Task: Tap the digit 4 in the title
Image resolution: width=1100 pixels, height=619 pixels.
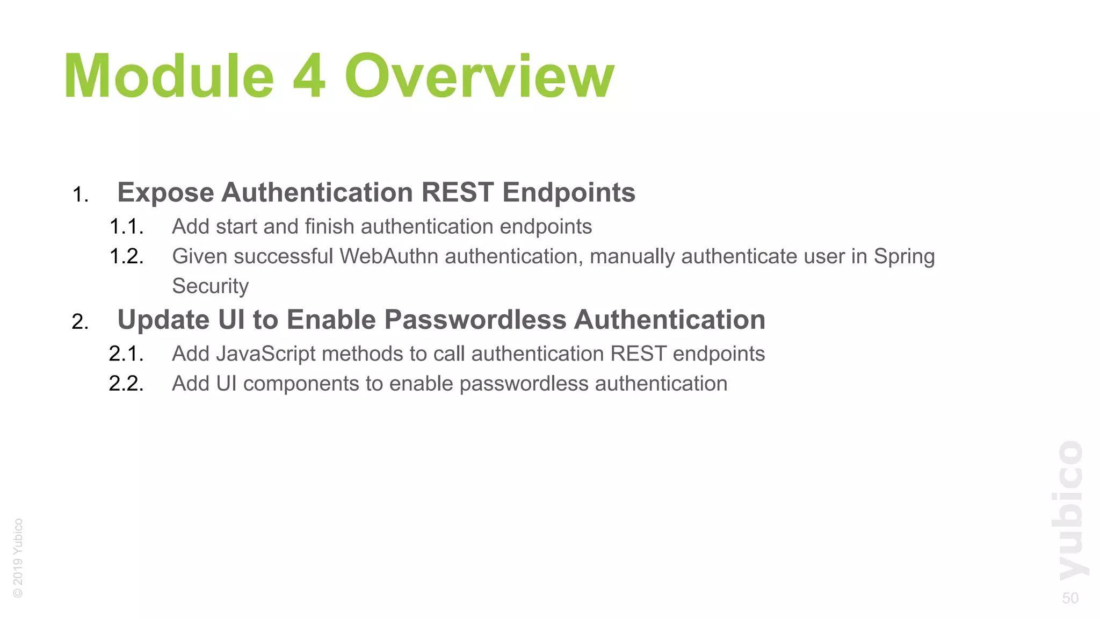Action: click(x=309, y=76)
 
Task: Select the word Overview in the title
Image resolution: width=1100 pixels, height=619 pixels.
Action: click(x=479, y=76)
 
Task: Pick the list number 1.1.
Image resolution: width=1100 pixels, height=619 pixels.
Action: click(x=126, y=227)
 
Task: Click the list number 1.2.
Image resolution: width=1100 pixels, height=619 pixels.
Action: click(x=126, y=256)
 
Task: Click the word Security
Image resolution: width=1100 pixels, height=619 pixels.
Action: click(x=210, y=286)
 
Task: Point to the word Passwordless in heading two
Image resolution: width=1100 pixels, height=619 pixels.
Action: click(x=475, y=320)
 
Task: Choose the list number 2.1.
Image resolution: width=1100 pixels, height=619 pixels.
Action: click(x=126, y=354)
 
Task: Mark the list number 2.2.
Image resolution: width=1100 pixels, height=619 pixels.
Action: click(x=126, y=384)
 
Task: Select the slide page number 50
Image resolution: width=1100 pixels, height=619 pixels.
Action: click(x=1070, y=598)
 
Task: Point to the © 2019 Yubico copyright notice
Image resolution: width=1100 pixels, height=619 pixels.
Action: click(x=18, y=558)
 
